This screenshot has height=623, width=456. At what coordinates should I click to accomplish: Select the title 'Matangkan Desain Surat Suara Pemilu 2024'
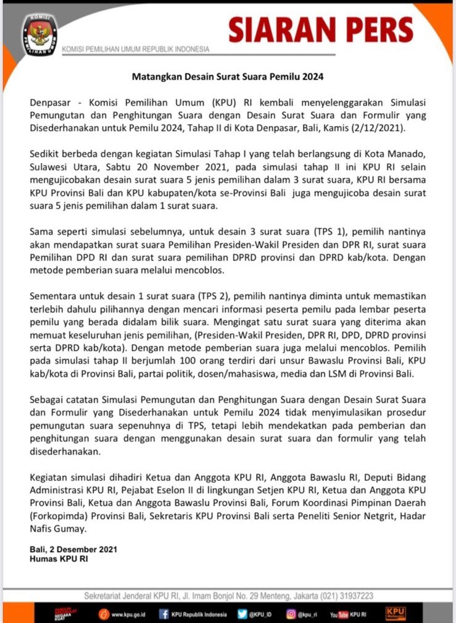coord(228,77)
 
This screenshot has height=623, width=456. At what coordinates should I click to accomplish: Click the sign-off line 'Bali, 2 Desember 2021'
coord(73,549)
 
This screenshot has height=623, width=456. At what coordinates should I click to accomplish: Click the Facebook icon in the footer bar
coord(164,614)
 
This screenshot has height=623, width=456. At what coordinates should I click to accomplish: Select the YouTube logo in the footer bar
coord(339,614)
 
